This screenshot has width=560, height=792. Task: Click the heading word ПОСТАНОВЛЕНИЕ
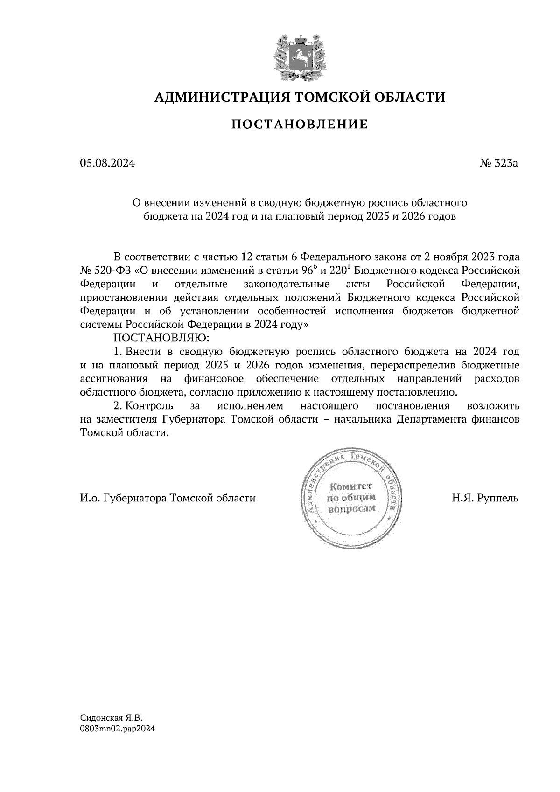(x=300, y=124)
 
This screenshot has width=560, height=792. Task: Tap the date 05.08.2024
(x=108, y=163)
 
